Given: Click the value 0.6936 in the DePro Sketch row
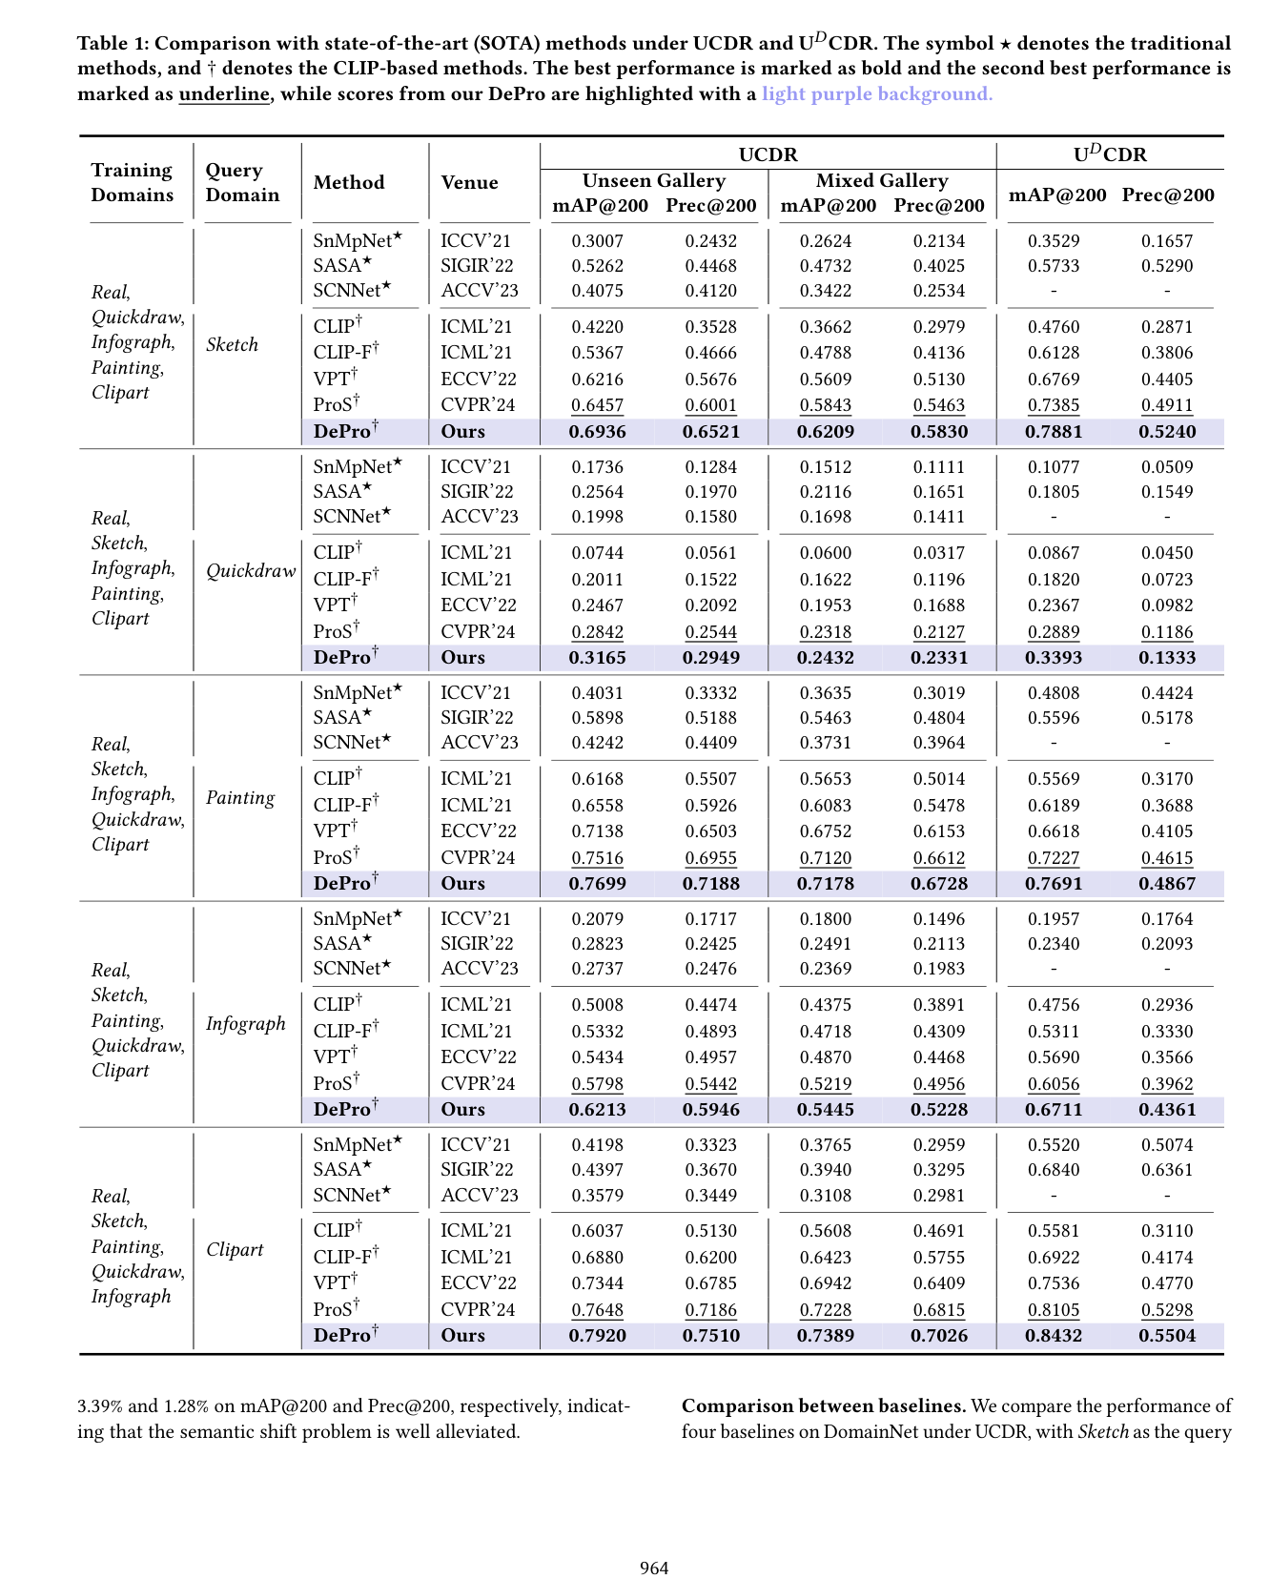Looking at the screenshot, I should tap(597, 432).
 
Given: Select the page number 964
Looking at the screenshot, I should tap(654, 1568).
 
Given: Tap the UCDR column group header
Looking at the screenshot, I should tap(768, 154).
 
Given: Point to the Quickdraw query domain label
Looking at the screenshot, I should tap(251, 571).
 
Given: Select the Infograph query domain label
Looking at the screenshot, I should tap(245, 1024).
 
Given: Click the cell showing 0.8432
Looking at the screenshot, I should tap(1053, 1336).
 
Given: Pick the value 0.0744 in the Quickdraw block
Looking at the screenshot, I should tap(597, 553).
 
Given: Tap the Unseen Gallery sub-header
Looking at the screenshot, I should tap(654, 180).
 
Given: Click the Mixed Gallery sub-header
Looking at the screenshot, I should tap(882, 180).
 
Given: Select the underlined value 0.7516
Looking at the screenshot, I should tap(597, 858).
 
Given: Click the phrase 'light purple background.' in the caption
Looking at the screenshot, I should tap(876, 93).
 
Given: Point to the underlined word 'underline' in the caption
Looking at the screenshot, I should tap(224, 93).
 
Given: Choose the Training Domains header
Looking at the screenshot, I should tap(133, 182).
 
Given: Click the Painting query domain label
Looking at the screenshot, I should tap(240, 798).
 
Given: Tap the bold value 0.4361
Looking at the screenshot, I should tap(1166, 1110).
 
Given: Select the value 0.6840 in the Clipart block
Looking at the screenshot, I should tap(1053, 1170).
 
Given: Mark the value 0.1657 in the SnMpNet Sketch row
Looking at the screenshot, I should tap(1166, 241).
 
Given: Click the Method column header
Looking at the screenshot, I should tap(349, 182).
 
